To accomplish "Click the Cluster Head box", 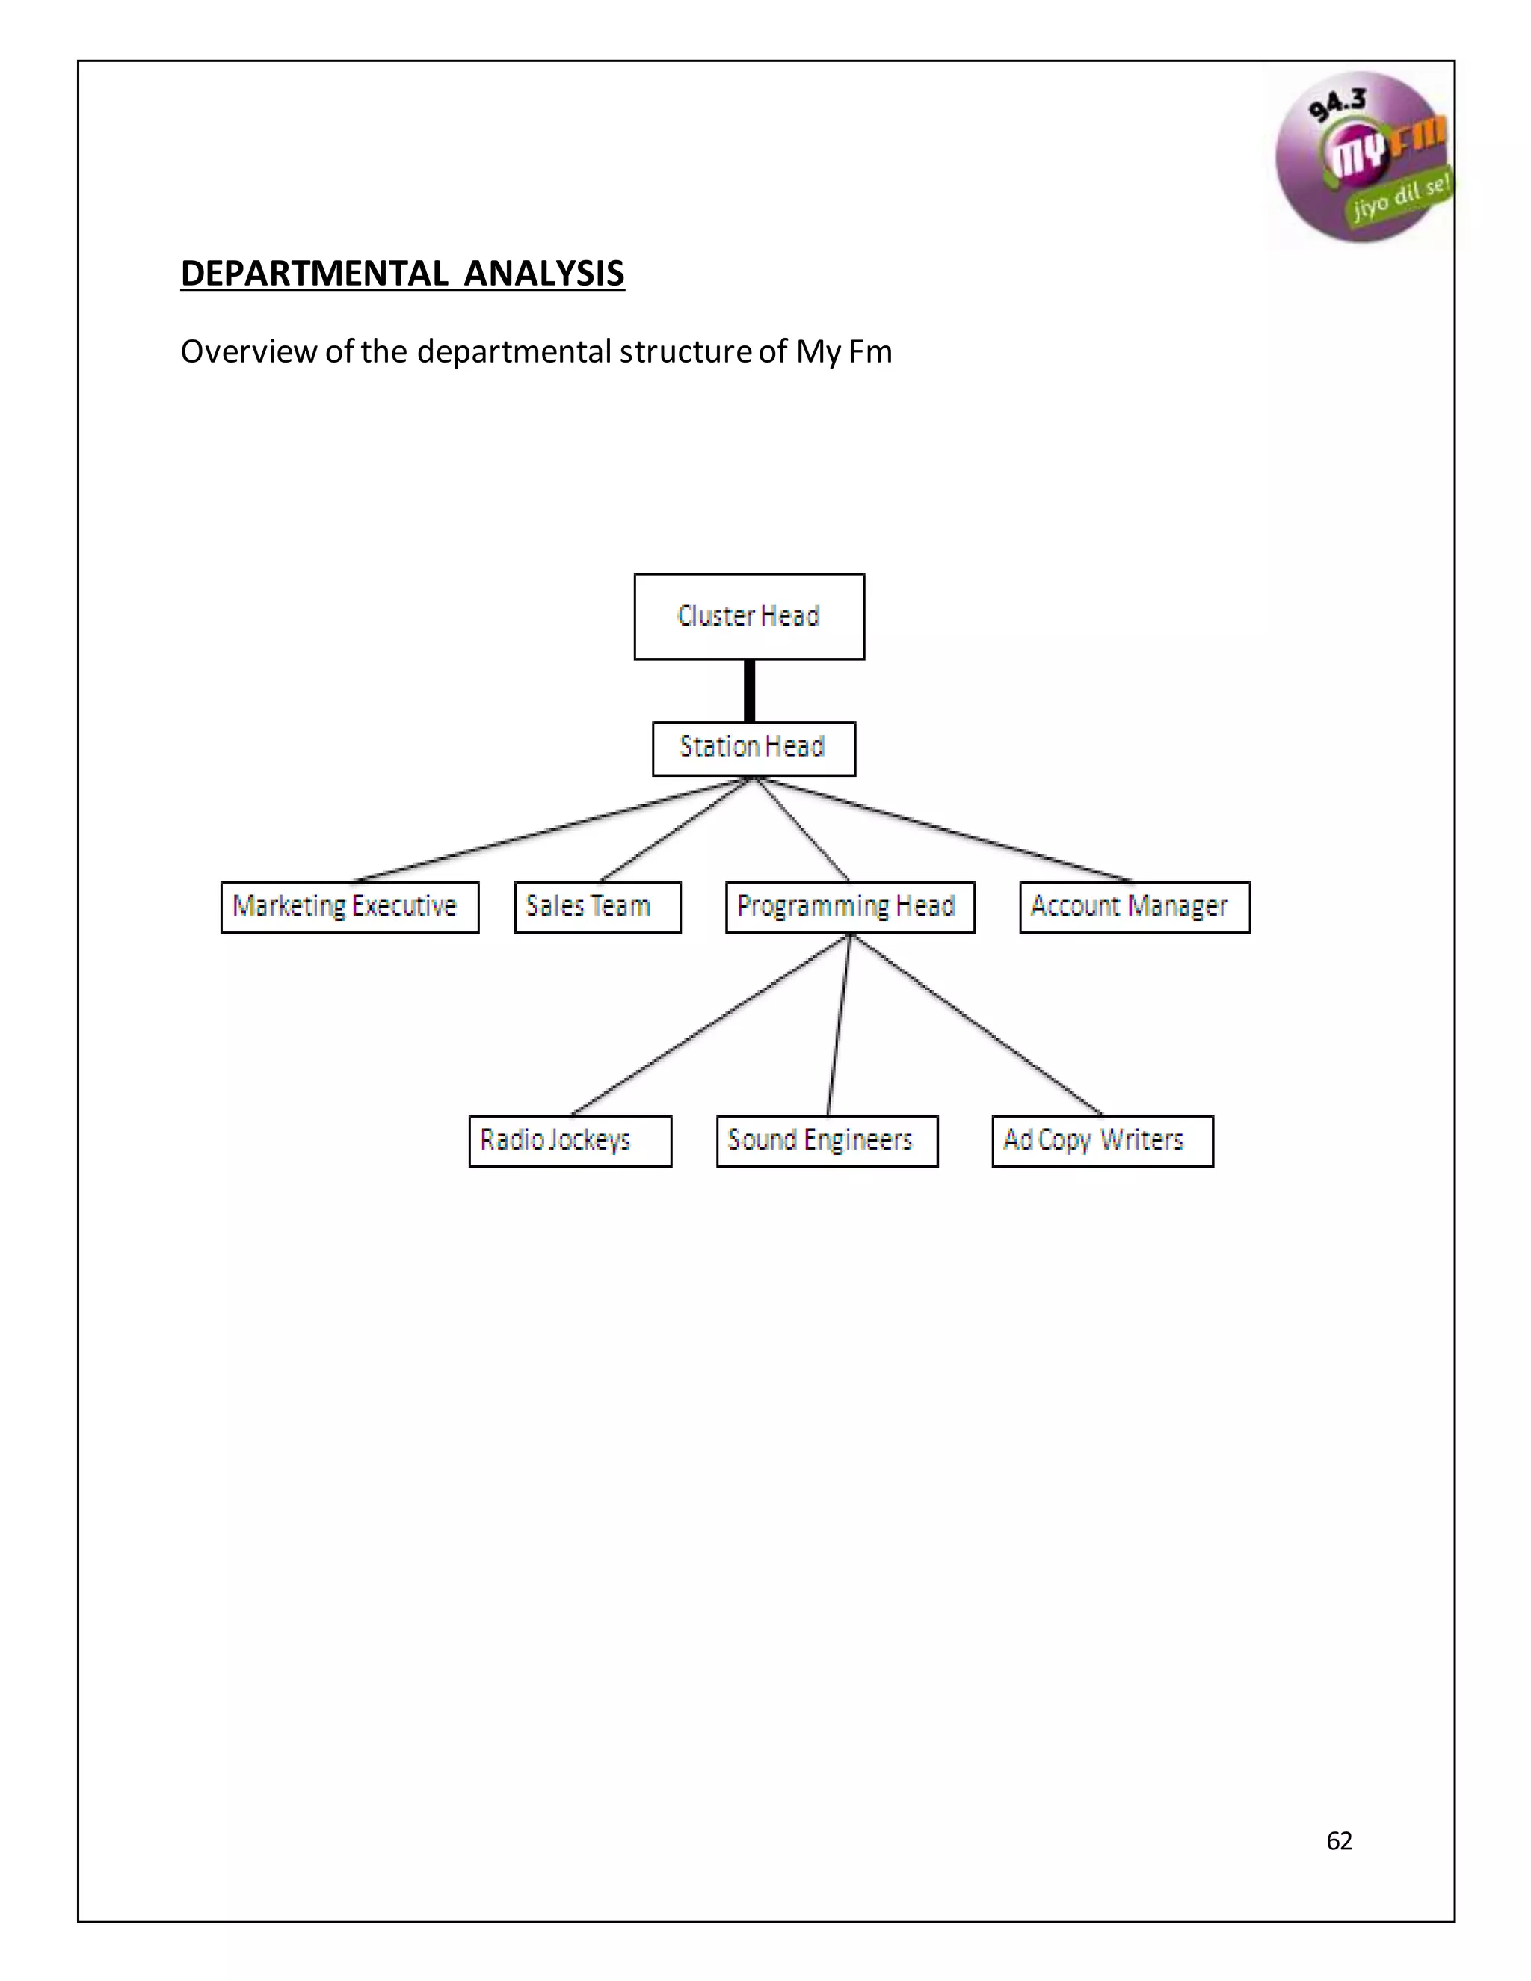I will coord(749,617).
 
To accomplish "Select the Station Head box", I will coord(753,748).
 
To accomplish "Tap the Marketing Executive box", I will coord(349,907).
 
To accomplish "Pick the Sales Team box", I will coord(597,907).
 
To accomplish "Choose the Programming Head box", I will coord(850,907).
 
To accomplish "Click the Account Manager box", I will coord(1134,907).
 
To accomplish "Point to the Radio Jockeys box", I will coord(570,1140).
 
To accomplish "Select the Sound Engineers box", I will coord(826,1140).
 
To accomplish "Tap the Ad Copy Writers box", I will coord(1102,1140).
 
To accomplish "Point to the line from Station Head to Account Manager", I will coord(943,830).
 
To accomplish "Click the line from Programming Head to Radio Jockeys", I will coord(710,1025).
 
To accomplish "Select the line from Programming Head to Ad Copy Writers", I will coord(978,1025).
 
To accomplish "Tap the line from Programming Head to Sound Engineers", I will coord(839,1025).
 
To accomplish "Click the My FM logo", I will coord(1361,156).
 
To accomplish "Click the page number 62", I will coord(1339,1840).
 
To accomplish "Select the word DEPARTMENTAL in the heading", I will coord(314,273).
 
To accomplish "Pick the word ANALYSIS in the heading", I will coord(544,273).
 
